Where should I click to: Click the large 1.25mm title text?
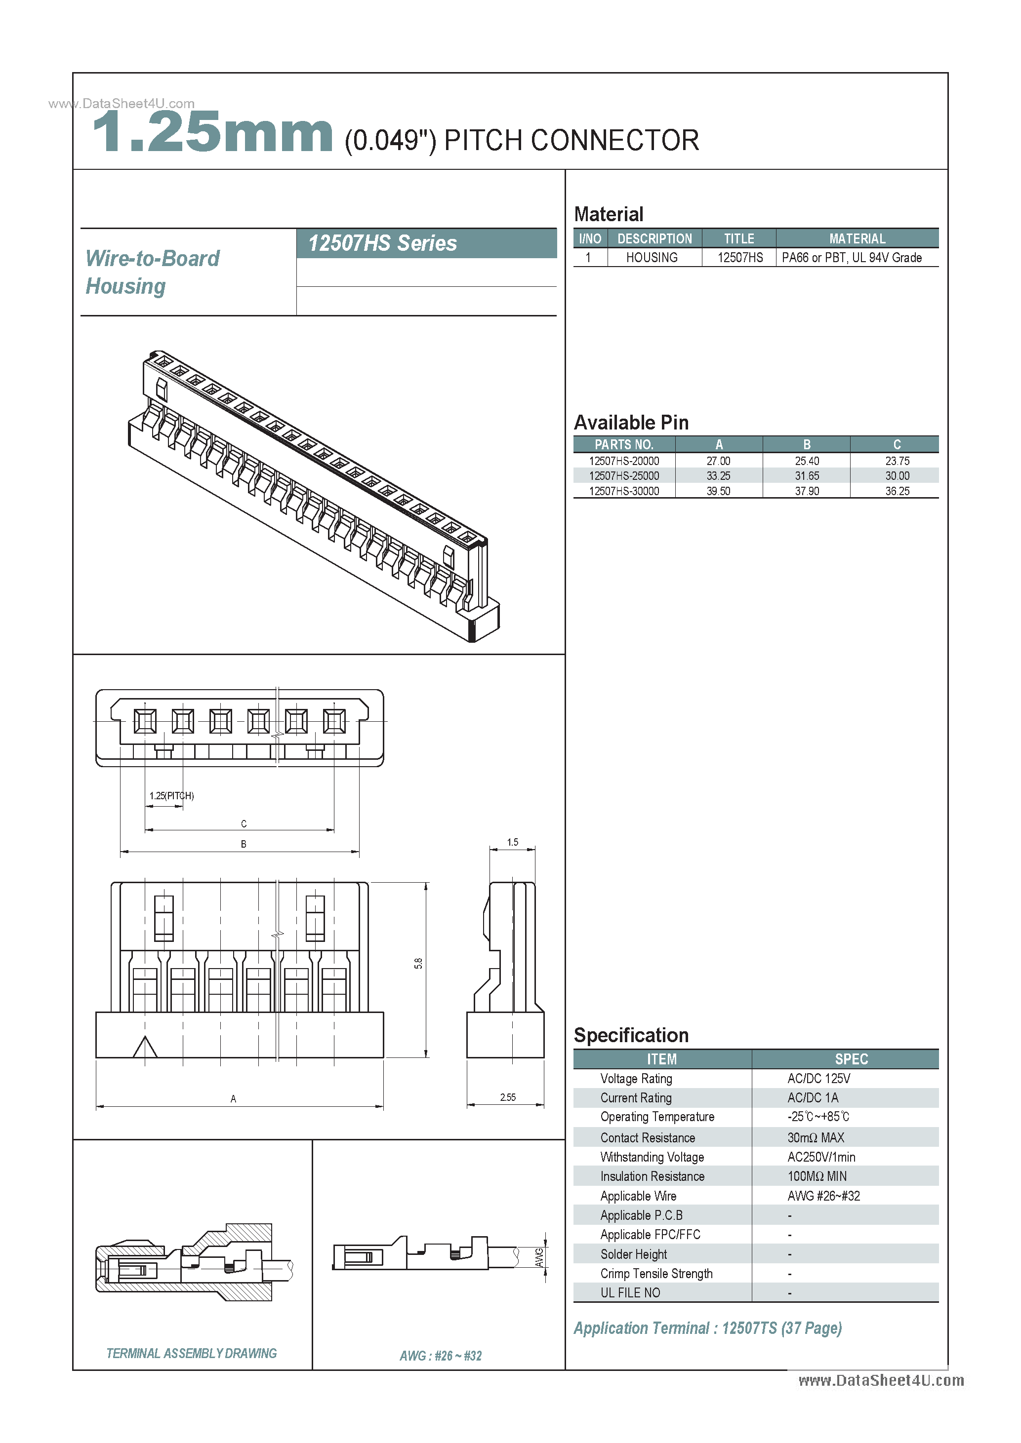pyautogui.click(x=212, y=133)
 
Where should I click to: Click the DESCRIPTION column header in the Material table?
pyautogui.click(x=654, y=239)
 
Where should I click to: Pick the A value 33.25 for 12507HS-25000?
pyautogui.click(x=718, y=476)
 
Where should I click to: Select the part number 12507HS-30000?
pyautogui.click(x=624, y=491)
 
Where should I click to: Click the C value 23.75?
pyautogui.click(x=897, y=461)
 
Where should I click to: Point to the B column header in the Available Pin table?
pyautogui.click(x=807, y=444)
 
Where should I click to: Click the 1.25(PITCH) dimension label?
pyautogui.click(x=171, y=796)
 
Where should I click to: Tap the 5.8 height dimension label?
pyautogui.click(x=418, y=964)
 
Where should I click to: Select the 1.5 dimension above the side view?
pyautogui.click(x=512, y=842)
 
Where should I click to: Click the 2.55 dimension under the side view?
pyautogui.click(x=507, y=1097)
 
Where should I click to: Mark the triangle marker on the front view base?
pyautogui.click(x=145, y=1047)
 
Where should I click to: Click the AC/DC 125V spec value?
pyautogui.click(x=818, y=1079)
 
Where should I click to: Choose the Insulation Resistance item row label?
pyautogui.click(x=652, y=1176)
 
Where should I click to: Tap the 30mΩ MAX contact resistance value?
pyautogui.click(x=816, y=1137)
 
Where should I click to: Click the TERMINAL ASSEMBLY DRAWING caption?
pyautogui.click(x=191, y=1353)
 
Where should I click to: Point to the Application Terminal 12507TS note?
pyautogui.click(x=707, y=1328)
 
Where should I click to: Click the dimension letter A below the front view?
pyautogui.click(x=233, y=1098)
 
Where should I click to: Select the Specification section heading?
pyautogui.click(x=631, y=1035)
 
